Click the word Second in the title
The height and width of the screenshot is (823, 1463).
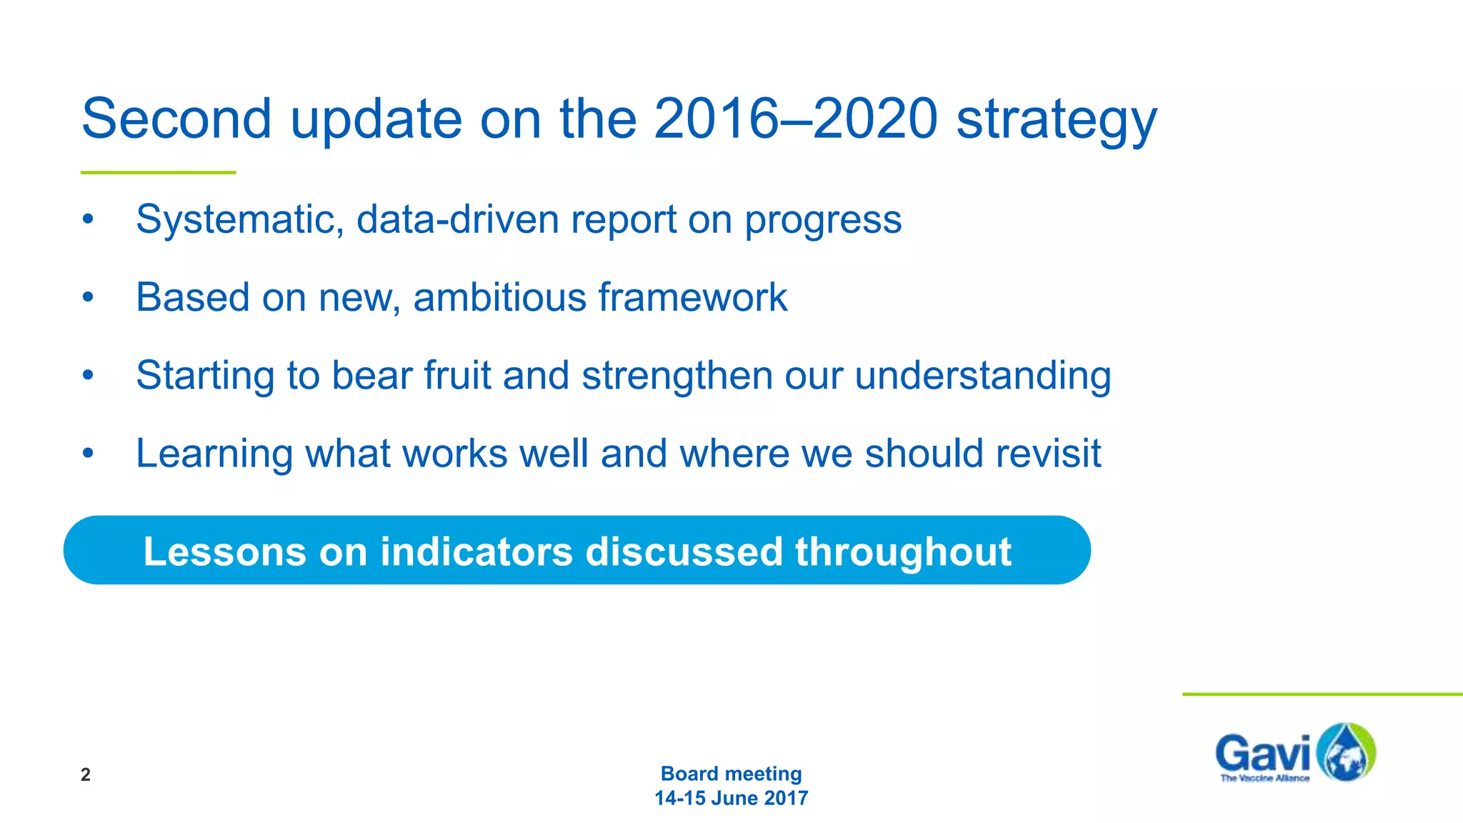(176, 119)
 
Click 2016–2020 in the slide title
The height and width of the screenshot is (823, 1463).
(795, 119)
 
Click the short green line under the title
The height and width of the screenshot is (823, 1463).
(158, 172)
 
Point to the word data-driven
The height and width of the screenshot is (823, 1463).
(457, 219)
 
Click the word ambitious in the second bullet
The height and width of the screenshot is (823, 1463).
(499, 297)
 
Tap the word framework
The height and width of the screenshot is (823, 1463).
(693, 297)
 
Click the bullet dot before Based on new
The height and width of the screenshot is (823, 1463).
(88, 297)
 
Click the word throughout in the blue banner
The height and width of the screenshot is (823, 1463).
(903, 552)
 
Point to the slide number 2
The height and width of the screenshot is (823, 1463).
(86, 774)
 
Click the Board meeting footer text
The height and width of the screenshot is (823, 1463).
(731, 774)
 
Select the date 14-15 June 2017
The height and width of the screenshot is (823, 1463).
(731, 798)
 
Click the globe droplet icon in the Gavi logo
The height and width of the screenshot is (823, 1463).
(1345, 752)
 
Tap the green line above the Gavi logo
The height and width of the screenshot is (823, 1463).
(1322, 694)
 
